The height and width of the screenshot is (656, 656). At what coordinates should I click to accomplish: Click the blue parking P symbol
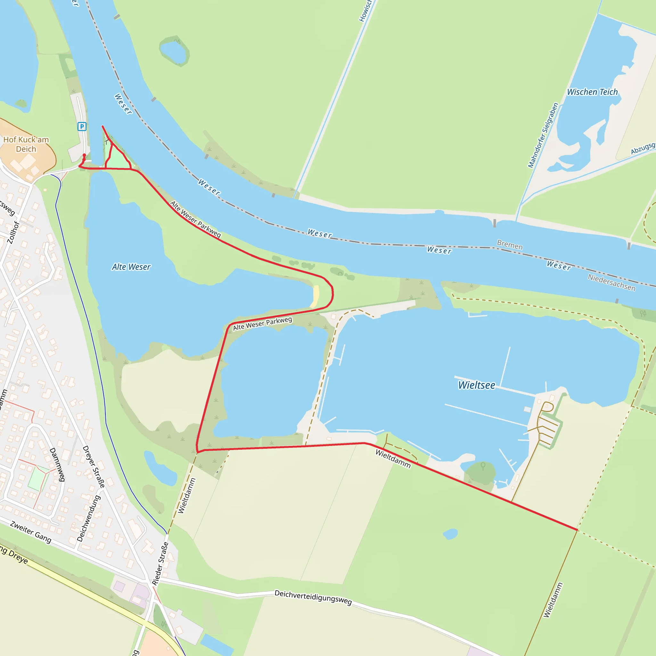coord(82,127)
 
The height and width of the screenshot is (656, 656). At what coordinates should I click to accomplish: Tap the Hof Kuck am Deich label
coord(26,144)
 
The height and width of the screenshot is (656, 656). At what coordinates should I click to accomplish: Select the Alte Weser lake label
coord(131,267)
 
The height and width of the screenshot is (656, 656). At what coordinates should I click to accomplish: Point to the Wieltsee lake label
coord(476,385)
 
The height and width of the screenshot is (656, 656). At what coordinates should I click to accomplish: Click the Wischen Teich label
coord(592,92)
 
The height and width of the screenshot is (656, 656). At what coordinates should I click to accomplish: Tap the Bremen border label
coord(510,245)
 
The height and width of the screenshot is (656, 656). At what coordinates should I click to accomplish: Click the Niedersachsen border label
coord(611,283)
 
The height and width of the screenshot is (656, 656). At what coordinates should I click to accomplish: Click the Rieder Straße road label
coord(160,564)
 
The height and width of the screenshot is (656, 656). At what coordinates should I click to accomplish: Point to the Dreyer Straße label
coord(94,467)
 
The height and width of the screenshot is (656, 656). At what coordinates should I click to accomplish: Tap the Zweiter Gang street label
coord(30,532)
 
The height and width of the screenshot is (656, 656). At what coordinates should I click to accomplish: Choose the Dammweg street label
coord(57,464)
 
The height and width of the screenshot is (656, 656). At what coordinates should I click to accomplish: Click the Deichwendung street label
coord(88,519)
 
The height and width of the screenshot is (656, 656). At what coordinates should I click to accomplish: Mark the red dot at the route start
coord(84,155)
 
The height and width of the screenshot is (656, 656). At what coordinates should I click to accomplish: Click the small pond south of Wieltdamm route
coord(450,534)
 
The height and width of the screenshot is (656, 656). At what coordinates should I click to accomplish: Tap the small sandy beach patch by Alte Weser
coord(316,296)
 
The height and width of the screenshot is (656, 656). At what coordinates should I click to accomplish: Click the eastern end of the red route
coord(577,530)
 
